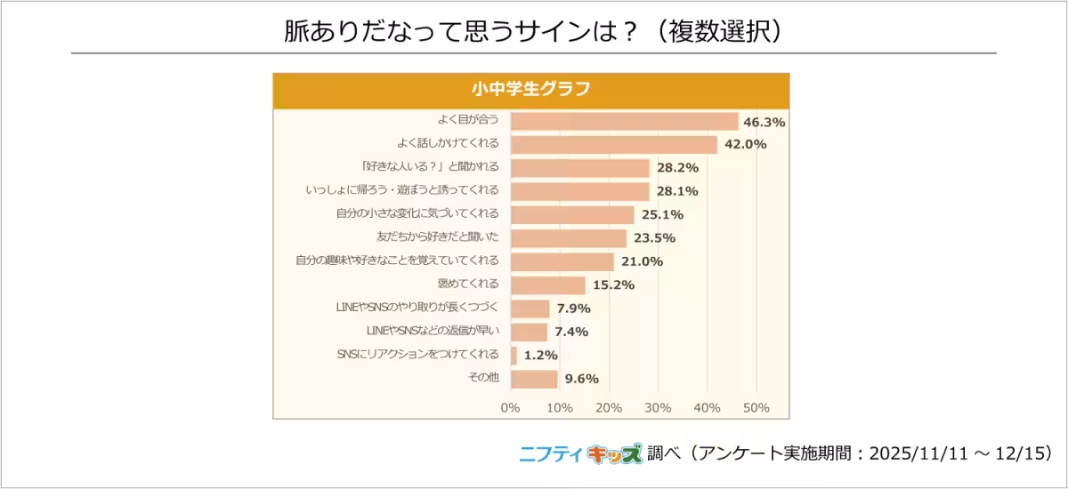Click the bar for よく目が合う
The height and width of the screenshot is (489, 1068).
pos(624,121)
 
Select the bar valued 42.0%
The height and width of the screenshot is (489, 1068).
pos(613,144)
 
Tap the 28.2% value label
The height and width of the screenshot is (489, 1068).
pos(677,168)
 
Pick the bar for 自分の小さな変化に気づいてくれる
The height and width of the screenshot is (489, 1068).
pos(572,214)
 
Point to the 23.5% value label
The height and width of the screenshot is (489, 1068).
pos(654,238)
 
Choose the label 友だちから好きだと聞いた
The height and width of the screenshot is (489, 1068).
pos(438,237)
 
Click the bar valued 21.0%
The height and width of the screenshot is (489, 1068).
pos(562,261)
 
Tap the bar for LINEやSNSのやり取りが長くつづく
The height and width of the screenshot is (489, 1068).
pos(530,309)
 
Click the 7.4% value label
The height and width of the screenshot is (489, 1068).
pos(572,332)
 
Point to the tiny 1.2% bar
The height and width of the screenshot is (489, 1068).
pos(514,355)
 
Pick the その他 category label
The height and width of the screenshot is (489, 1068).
pos(483,378)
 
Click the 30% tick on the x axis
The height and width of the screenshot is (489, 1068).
pos(658,408)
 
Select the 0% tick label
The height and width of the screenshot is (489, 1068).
pos(510,408)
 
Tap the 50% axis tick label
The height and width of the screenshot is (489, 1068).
pos(756,408)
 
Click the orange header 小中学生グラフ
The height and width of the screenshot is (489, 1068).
pos(530,89)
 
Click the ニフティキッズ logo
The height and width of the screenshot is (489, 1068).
pos(580,453)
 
